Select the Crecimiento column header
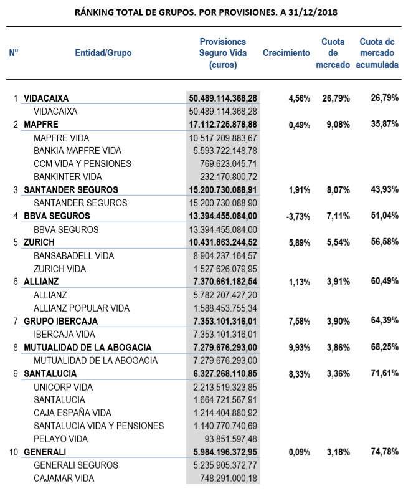286,54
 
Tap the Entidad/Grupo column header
103,54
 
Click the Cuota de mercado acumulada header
377,54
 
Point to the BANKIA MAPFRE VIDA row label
78,151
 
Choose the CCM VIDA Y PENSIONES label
83,164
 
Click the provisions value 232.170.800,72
222,177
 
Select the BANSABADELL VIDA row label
74,256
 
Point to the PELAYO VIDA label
61,439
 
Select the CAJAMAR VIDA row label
64,478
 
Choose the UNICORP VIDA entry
64,387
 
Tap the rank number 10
14,452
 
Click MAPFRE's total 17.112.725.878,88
222,125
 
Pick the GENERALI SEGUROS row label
76,465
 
